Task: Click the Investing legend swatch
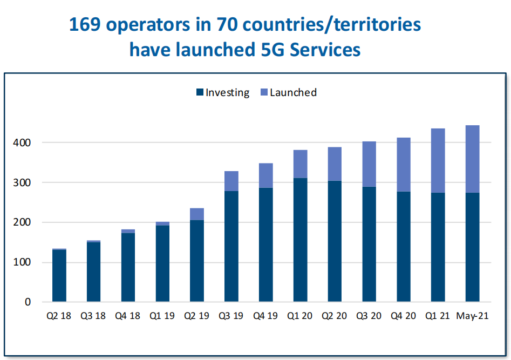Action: [200, 92]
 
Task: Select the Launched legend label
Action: [293, 92]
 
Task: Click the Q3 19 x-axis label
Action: [231, 316]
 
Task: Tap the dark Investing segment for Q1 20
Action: [301, 240]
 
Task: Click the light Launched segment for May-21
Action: [473, 159]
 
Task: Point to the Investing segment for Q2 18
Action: [59, 275]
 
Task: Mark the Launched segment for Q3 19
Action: [231, 181]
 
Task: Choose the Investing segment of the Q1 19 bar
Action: [162, 263]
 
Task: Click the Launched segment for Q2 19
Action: [197, 214]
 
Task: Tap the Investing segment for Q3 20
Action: [369, 244]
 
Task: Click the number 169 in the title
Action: [85, 25]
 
